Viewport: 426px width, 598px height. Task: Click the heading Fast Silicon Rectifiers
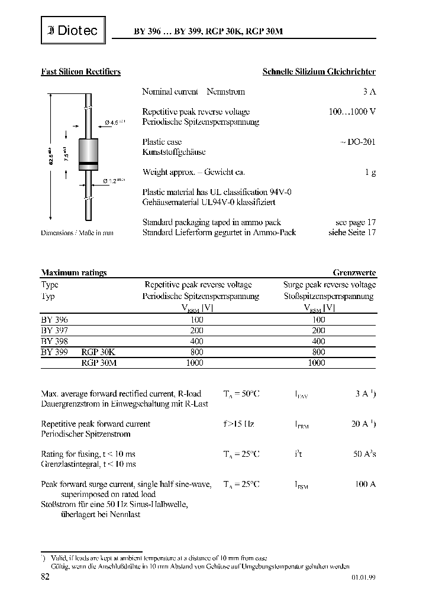click(80, 72)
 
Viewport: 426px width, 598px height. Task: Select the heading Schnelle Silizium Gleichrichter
click(319, 72)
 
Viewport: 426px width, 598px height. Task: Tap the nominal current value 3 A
click(369, 92)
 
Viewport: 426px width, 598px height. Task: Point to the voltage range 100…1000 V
click(352, 112)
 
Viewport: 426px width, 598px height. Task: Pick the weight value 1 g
click(371, 173)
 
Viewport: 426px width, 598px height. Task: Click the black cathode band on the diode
click(88, 162)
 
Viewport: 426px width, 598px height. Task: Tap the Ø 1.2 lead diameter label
click(114, 181)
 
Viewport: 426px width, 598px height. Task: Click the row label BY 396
click(54, 319)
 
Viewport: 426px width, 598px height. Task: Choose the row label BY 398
click(54, 341)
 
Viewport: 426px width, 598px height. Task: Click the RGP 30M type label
click(99, 363)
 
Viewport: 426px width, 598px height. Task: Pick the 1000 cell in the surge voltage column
click(317, 363)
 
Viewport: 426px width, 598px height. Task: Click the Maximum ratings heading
click(74, 273)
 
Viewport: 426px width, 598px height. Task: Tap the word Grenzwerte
click(354, 273)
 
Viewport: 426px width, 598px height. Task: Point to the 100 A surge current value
click(365, 485)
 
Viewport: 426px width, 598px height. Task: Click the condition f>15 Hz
click(239, 424)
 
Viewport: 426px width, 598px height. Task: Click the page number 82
click(45, 577)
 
